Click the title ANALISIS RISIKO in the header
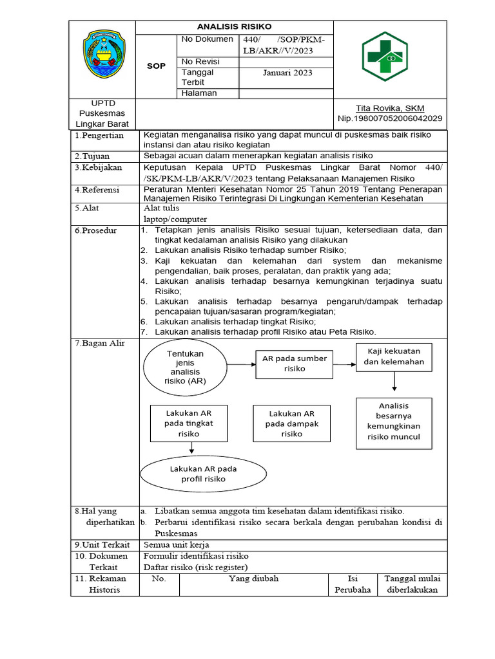(234, 26)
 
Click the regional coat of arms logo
(102, 55)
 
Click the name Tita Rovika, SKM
(390, 107)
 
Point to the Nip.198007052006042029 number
(390, 118)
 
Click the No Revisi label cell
(200, 62)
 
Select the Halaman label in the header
(199, 93)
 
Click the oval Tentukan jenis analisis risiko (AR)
(186, 367)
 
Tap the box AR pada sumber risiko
(293, 364)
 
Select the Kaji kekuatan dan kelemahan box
(394, 357)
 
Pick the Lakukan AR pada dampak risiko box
(292, 423)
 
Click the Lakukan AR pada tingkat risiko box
(188, 423)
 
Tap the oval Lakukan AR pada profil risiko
(203, 474)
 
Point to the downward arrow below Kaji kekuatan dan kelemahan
(394, 383)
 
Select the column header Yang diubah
(253, 579)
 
